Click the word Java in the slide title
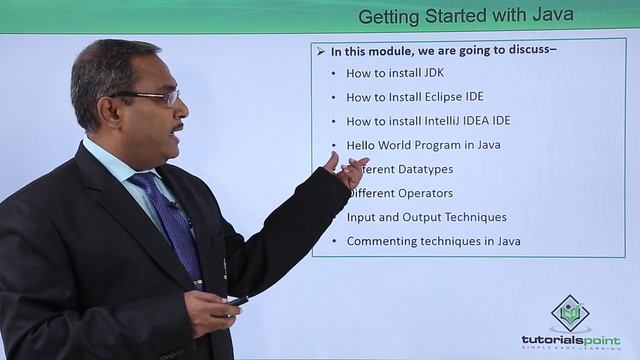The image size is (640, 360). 550,16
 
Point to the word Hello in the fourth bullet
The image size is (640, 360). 361,145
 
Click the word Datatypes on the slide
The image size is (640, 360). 423,169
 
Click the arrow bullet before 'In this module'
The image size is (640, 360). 320,50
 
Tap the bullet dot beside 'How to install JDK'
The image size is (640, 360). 333,74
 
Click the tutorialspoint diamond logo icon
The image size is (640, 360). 570,312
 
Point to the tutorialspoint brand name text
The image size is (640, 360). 570,339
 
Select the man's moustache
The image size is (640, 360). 176,127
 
